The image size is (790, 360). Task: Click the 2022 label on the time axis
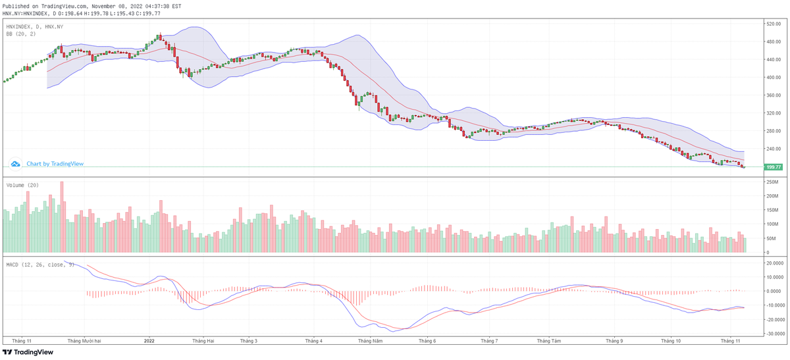coord(149,341)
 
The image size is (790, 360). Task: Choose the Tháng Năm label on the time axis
coord(369,341)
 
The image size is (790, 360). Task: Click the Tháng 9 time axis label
coord(614,341)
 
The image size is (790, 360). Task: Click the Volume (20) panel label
coord(22,186)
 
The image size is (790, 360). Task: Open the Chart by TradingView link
coord(55,164)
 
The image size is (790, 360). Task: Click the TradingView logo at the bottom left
coord(28,353)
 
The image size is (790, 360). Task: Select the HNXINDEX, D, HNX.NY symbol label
coord(34,26)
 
